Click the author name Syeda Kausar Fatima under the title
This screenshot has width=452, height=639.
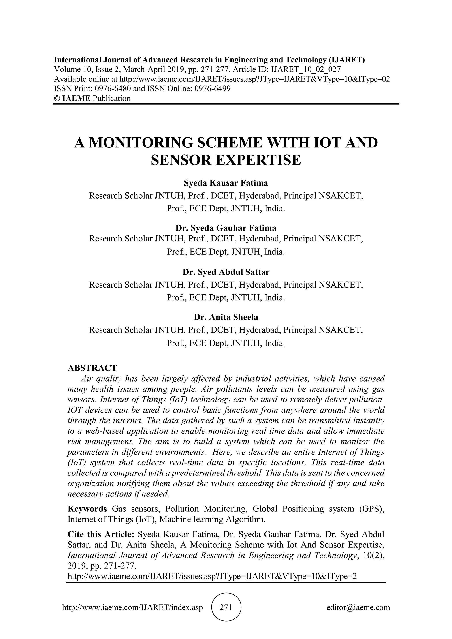tap(226, 183)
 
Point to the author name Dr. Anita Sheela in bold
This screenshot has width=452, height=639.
tap(226, 317)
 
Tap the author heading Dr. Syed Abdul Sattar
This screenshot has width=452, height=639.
tap(226, 272)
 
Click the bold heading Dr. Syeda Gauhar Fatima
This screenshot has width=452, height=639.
tap(226, 228)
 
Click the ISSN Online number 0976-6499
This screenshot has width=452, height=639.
tap(212, 89)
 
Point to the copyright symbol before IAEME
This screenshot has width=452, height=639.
tap(57, 98)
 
